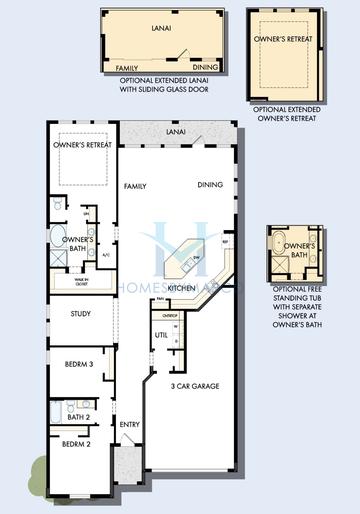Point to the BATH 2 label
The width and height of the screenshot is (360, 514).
pos(80,417)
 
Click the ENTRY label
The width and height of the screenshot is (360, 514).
pos(130,425)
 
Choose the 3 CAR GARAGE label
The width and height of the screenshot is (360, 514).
pos(195,385)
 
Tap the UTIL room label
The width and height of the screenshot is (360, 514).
pos(160,335)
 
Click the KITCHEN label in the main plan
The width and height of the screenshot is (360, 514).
pos(181,288)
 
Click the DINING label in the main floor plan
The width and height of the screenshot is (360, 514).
pos(210,185)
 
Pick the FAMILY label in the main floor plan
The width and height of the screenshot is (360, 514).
pos(135,187)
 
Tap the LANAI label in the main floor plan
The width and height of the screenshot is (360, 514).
pos(176,131)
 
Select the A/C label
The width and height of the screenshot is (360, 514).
pos(105,255)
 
